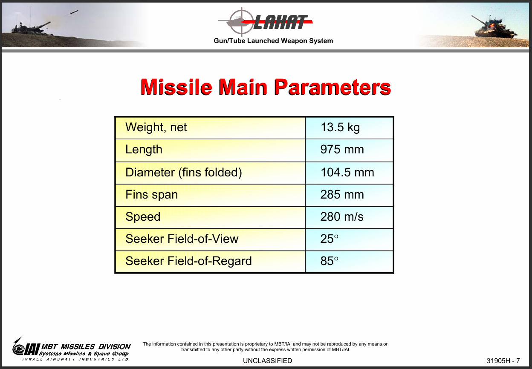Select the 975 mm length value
tap(342, 150)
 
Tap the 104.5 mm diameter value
tap(347, 172)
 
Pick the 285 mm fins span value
tap(342, 194)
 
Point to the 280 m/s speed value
tap(342, 216)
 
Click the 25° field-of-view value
tap(329, 239)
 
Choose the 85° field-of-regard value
tap(329, 261)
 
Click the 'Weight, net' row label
tap(156, 127)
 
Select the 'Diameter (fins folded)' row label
tap(184, 173)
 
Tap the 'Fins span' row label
tap(151, 195)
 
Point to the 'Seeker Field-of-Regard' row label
tap(188, 261)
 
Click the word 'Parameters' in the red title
tap(332, 87)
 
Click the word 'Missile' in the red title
tap(176, 87)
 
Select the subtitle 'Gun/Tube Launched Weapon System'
tap(273, 41)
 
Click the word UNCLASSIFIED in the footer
tap(267, 360)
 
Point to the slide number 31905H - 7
tap(503, 360)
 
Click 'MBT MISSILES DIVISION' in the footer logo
tap(86, 347)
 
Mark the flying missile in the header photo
tap(74, 12)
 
